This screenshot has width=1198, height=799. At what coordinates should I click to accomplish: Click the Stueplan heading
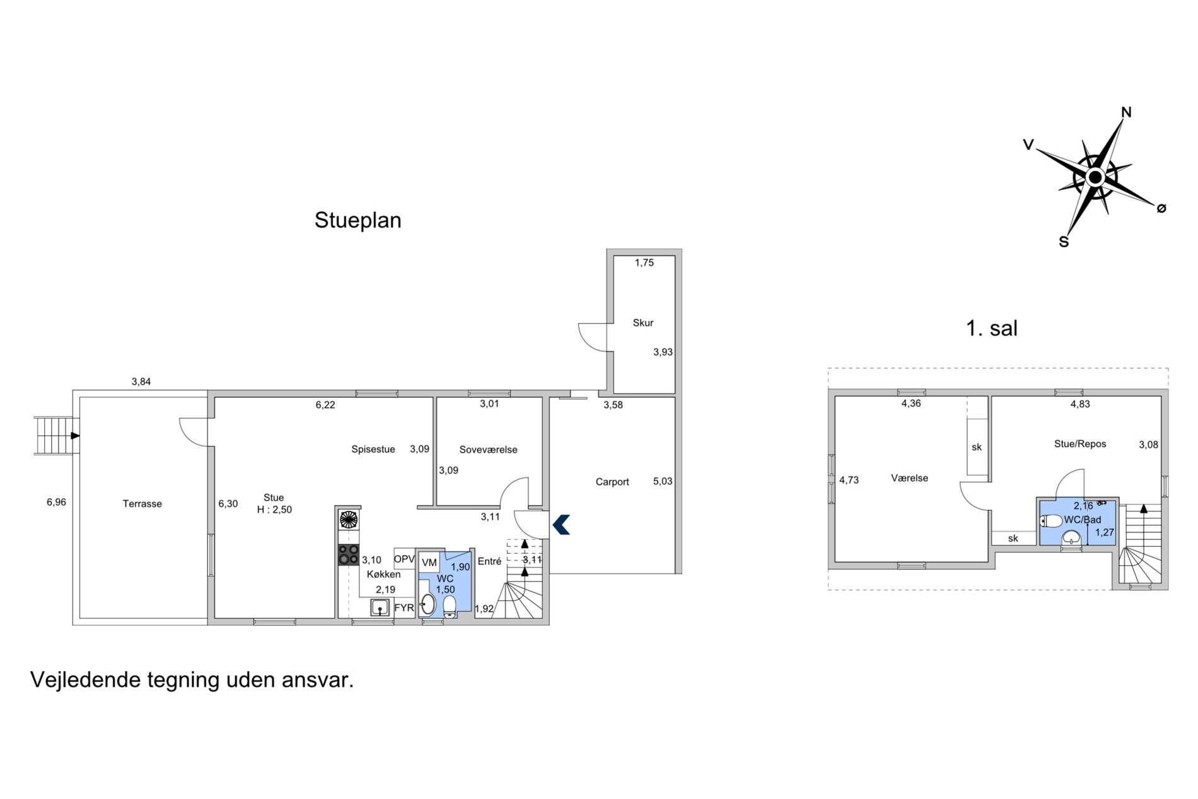(358, 221)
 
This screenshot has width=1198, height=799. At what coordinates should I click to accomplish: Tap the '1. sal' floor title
(992, 329)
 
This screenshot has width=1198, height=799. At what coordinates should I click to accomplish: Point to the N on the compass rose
(1126, 112)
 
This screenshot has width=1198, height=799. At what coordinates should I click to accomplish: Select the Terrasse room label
(142, 504)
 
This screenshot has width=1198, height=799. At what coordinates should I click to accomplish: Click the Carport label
(612, 482)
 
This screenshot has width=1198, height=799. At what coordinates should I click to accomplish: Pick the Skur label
(643, 323)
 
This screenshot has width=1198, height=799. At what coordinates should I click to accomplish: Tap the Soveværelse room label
(488, 450)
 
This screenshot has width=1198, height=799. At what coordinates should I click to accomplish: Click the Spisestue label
(373, 450)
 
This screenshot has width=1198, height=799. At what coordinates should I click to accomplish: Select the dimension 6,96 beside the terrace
(56, 503)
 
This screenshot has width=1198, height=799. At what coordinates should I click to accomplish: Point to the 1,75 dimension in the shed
(644, 263)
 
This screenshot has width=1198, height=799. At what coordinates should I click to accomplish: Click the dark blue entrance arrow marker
(561, 525)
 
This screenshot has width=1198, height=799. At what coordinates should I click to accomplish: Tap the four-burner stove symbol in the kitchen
(349, 555)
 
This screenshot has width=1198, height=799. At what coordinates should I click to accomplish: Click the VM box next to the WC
(429, 563)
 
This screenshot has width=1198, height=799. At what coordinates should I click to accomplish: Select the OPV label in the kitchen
(404, 559)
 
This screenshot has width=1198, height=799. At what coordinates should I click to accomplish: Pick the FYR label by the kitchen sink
(404, 609)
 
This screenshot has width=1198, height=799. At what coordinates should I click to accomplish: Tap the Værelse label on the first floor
(909, 479)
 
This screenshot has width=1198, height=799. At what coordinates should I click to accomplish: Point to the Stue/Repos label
(1080, 444)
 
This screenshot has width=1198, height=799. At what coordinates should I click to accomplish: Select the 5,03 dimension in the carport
(663, 482)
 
